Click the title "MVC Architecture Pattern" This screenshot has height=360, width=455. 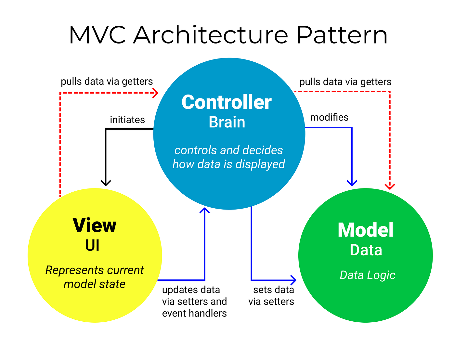tap(228, 35)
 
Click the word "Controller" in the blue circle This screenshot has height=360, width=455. tap(227, 102)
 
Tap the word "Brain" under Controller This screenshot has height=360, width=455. tap(227, 122)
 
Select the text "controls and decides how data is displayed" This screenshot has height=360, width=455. tap(228, 157)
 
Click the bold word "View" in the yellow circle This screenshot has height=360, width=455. tap(95, 225)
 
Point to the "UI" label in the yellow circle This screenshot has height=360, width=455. tap(92, 246)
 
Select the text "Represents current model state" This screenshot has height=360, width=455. tap(94, 277)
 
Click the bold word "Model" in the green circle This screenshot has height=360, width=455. tap(366, 230)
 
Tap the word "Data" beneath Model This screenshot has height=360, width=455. tap(366, 250)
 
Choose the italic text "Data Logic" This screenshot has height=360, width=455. tap(367, 275)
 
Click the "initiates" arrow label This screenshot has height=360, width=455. tap(127, 120)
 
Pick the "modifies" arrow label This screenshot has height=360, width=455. tap(329, 117)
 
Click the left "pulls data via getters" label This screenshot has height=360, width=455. tap(107, 81)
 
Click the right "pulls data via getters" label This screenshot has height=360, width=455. tap(345, 82)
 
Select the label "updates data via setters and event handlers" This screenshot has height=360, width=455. tap(194, 302)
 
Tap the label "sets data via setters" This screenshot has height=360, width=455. tap(271, 296)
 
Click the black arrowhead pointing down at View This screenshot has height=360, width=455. tap(106, 183)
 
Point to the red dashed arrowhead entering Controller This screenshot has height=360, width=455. tap(156, 93)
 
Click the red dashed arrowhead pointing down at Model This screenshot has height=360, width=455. tap(390, 186)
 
